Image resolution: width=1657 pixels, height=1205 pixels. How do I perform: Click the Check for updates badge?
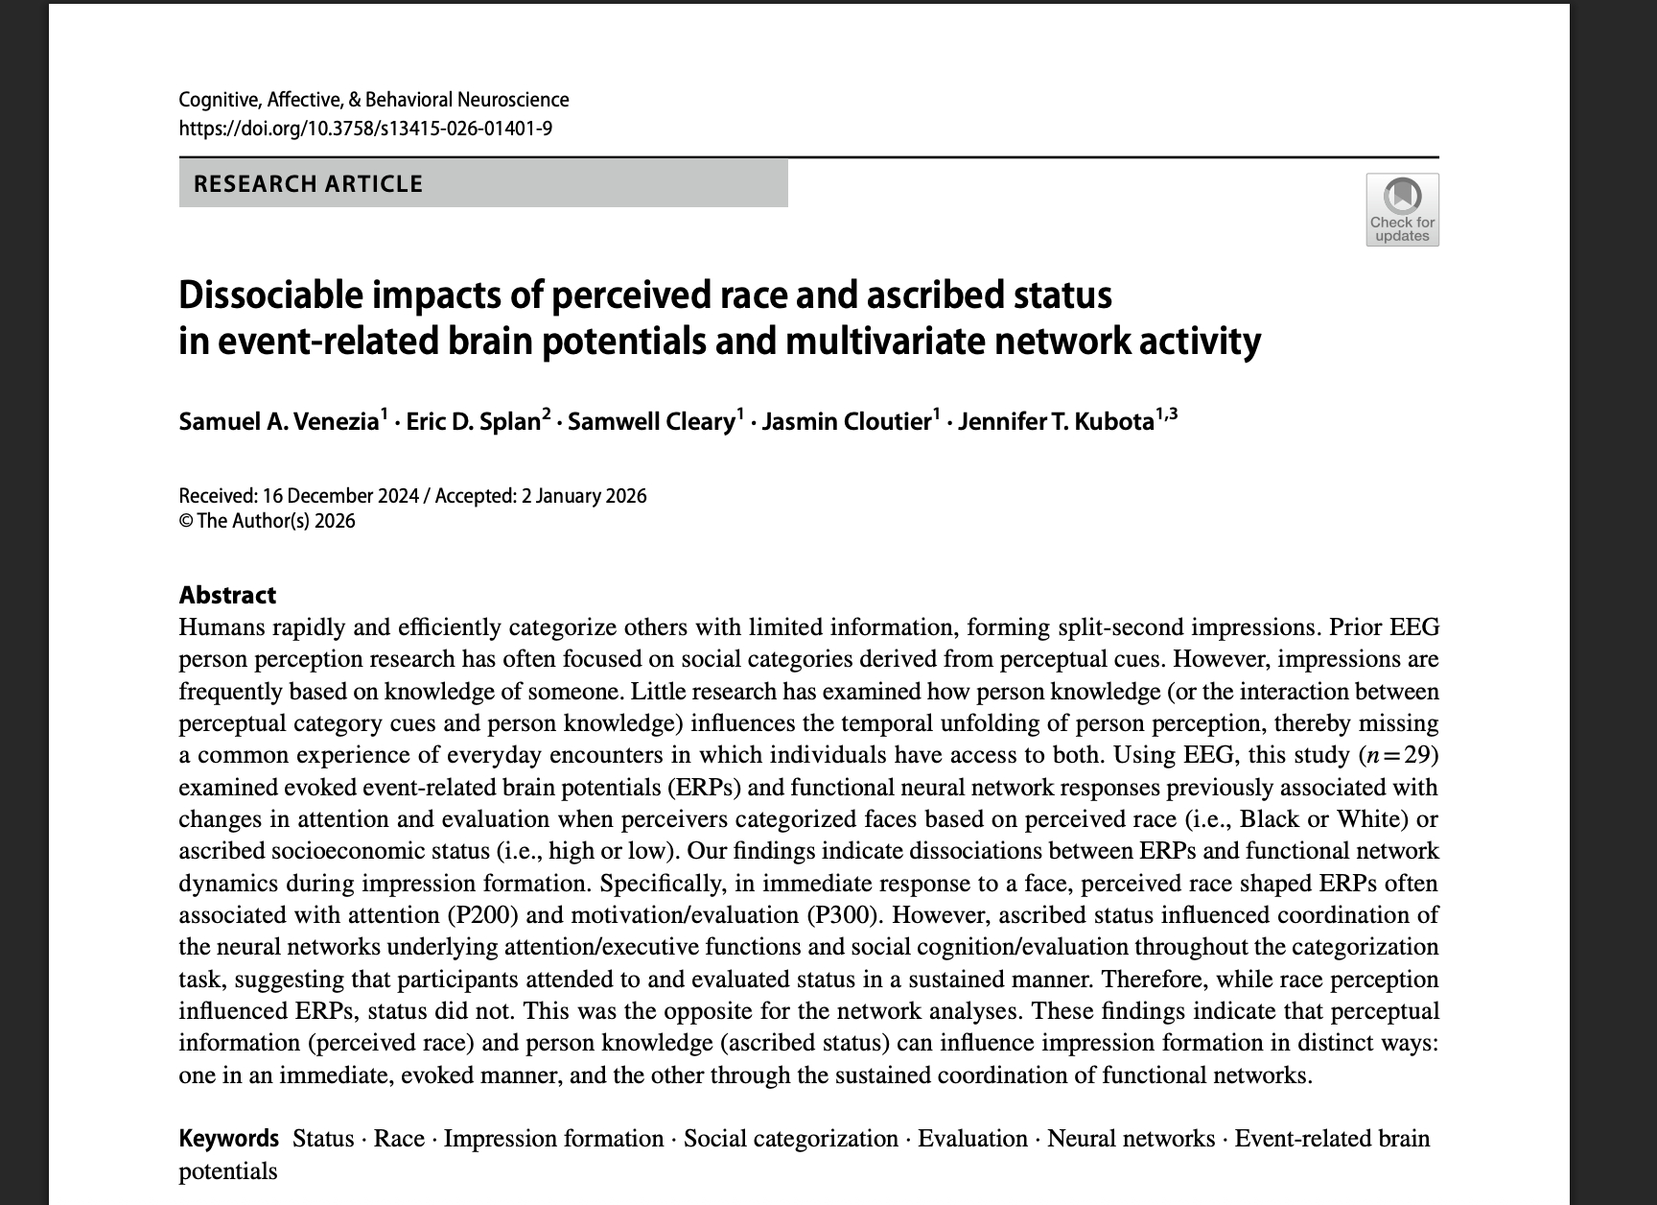1402,209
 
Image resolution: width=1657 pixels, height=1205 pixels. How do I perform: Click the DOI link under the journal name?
365,129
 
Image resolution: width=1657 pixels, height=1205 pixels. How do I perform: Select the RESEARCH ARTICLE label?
308,184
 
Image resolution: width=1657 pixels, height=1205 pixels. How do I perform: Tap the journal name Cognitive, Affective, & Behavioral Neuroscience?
374,100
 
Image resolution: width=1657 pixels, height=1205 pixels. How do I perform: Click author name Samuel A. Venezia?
279,422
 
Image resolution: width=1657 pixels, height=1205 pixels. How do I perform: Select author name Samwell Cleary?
652,422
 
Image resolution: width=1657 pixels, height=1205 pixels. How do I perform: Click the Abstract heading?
227,595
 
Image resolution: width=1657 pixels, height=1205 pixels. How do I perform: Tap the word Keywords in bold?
228,1139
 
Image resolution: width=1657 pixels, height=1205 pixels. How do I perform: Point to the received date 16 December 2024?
340,496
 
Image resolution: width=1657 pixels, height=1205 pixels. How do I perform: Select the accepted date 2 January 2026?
584,496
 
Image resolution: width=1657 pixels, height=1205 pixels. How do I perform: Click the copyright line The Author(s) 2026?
275,521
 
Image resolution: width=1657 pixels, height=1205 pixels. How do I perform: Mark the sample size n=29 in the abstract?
1399,755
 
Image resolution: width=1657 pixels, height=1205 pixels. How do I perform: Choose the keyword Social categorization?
791,1139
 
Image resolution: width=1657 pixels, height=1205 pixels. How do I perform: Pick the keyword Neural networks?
1131,1139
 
